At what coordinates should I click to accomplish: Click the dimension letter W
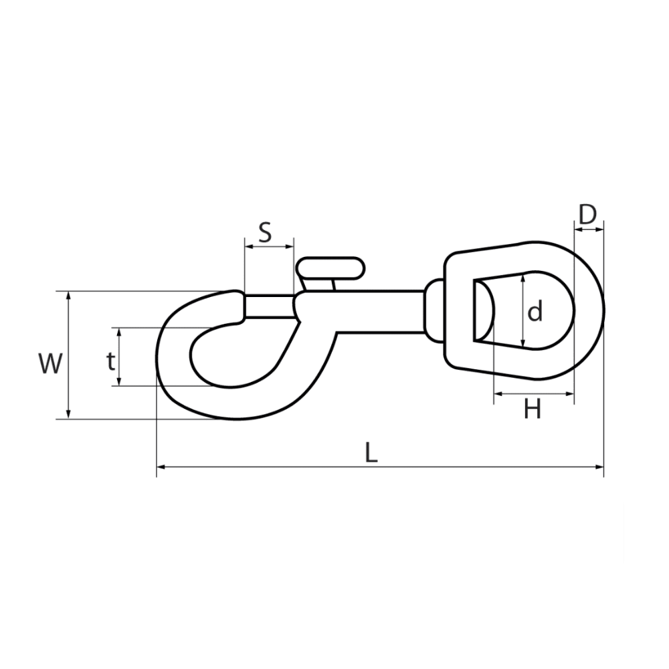(x=50, y=363)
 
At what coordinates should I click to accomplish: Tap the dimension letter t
(x=111, y=362)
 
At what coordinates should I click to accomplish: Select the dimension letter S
(x=265, y=233)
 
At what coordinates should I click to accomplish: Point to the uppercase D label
(x=587, y=215)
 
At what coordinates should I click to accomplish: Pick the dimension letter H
(x=533, y=409)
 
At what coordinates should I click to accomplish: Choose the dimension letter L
(x=371, y=452)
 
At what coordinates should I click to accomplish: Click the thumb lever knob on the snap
(x=331, y=268)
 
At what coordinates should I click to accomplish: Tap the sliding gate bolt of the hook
(x=269, y=306)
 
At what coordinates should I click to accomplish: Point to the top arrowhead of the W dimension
(x=68, y=296)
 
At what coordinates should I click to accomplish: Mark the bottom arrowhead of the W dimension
(x=68, y=414)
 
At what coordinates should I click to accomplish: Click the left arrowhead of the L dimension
(x=161, y=467)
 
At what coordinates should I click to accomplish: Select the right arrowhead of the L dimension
(x=599, y=467)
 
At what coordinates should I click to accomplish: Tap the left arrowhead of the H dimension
(x=498, y=393)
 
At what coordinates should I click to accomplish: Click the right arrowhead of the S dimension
(x=290, y=246)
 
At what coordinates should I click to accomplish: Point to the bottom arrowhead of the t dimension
(x=120, y=381)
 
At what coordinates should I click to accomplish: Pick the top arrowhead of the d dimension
(x=523, y=280)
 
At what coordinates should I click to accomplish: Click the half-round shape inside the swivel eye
(x=484, y=310)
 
